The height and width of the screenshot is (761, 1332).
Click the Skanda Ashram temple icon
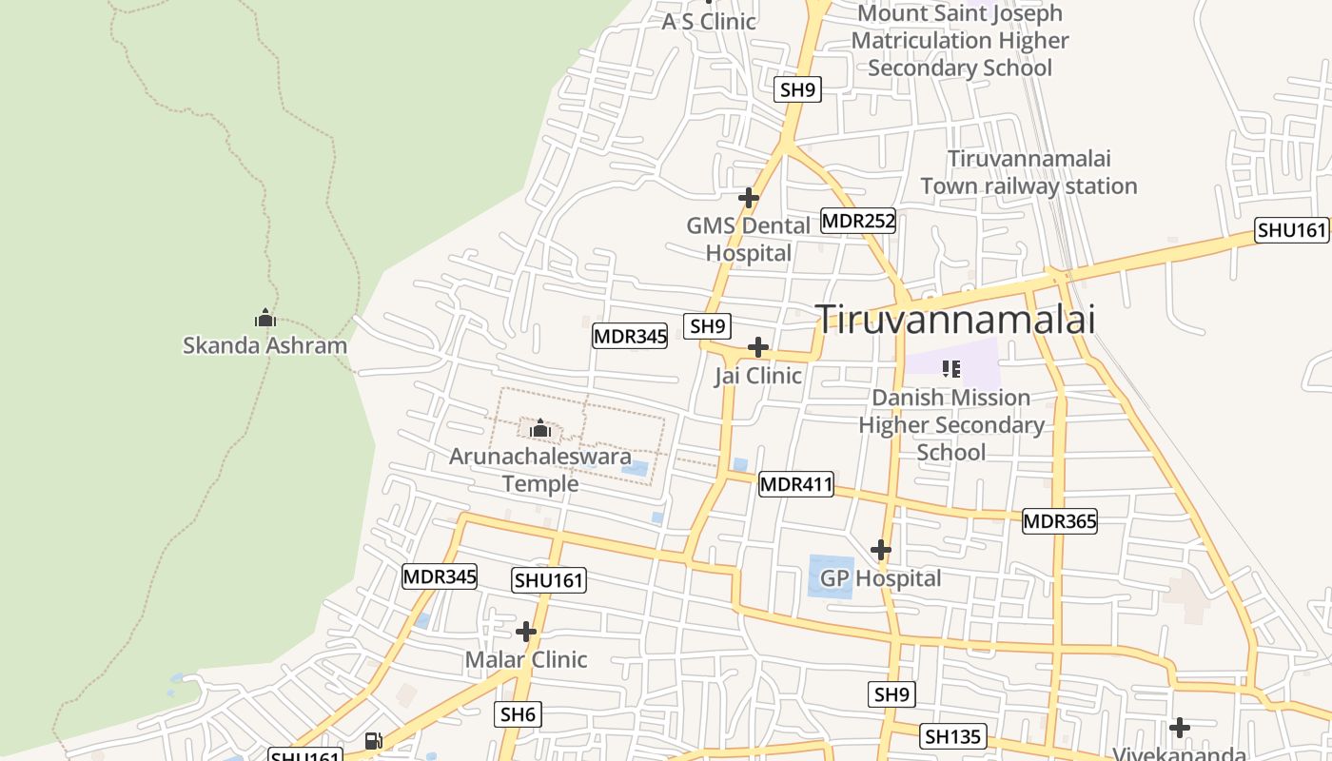click(x=265, y=318)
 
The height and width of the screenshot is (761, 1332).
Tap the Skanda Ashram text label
click(x=264, y=344)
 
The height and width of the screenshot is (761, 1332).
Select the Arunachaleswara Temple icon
click(x=540, y=429)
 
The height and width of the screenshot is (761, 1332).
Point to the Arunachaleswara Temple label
click(x=540, y=470)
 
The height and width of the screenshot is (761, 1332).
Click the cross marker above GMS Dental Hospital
click(x=749, y=198)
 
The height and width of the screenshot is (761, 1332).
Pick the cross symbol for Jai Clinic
click(x=758, y=347)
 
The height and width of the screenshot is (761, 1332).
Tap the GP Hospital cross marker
click(x=881, y=550)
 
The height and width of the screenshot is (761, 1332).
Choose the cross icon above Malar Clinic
click(x=526, y=632)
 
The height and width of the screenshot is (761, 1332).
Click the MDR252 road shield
click(x=858, y=222)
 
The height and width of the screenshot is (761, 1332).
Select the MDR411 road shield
click(x=796, y=485)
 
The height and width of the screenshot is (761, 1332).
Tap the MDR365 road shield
click(x=1060, y=521)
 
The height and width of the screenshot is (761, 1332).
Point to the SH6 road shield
click(x=519, y=714)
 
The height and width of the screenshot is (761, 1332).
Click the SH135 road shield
click(x=953, y=736)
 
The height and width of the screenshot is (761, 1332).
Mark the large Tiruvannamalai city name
click(x=955, y=320)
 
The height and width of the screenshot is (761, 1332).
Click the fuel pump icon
click(x=374, y=740)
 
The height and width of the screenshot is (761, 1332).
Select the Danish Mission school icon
click(x=950, y=368)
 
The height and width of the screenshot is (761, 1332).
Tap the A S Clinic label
click(x=709, y=21)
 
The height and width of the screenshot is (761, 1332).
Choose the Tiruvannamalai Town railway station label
click(x=1028, y=172)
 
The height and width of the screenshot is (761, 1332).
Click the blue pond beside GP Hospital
click(x=831, y=576)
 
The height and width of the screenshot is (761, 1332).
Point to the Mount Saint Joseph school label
click(x=959, y=41)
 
